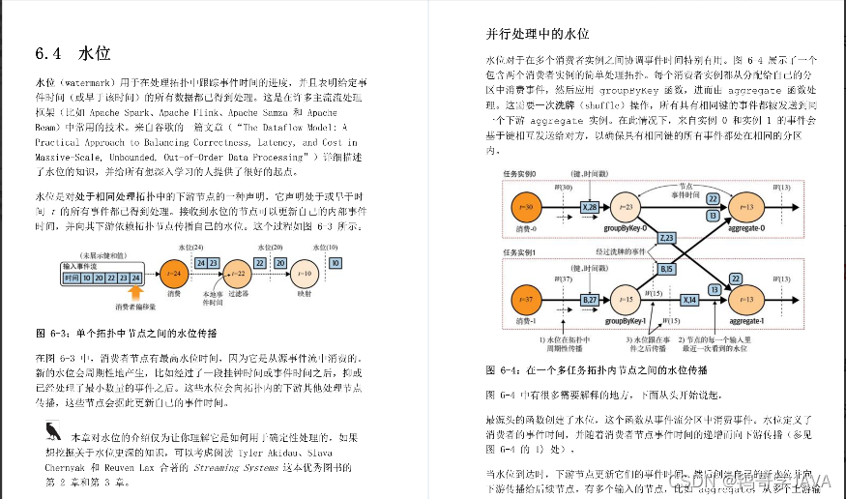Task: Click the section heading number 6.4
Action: (x=48, y=52)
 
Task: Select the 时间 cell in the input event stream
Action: (x=71, y=278)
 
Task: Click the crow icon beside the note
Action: (x=51, y=431)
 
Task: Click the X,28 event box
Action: (x=590, y=207)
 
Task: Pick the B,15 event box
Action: (x=667, y=270)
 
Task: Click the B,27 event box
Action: (x=590, y=301)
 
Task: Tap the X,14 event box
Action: (x=689, y=301)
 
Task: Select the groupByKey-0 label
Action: (x=625, y=228)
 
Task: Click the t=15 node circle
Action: (x=626, y=298)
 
